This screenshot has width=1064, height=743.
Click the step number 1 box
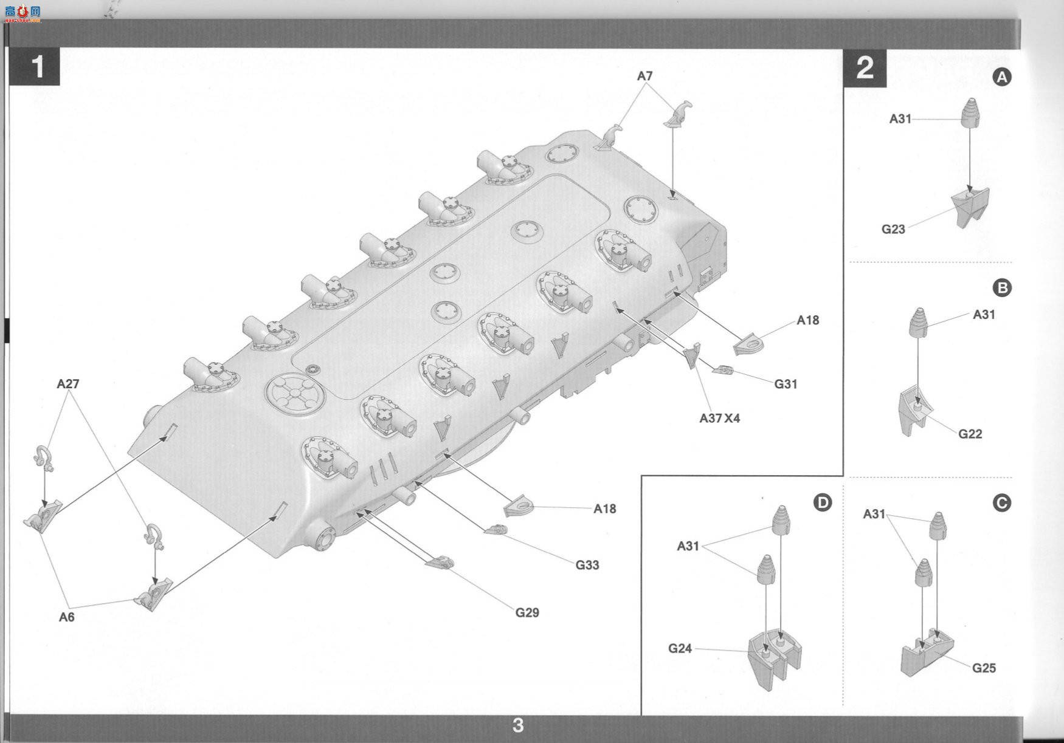pos(35,67)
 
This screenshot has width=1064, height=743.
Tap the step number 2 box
pos(865,67)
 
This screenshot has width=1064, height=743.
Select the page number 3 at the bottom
pos(518,725)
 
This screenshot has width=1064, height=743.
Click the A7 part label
pos(644,76)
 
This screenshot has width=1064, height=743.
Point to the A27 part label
pos(68,384)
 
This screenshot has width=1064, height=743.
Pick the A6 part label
pos(66,617)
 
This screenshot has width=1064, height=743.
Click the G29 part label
pos(527,612)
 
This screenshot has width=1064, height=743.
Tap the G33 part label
pos(587,565)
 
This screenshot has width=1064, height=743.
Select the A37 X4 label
pos(720,418)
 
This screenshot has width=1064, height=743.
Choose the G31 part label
pos(786,384)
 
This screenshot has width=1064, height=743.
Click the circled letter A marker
pos(1002,77)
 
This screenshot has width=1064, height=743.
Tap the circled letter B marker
pos(1002,287)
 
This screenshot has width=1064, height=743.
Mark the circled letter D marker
pos(823,502)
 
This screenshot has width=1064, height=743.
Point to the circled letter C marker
pos(1001,503)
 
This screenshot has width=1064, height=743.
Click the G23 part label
pos(893,229)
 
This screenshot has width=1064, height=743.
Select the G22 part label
pos(970,434)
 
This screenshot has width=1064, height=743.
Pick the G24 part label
pos(680,648)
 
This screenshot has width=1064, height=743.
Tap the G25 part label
pos(984,668)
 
